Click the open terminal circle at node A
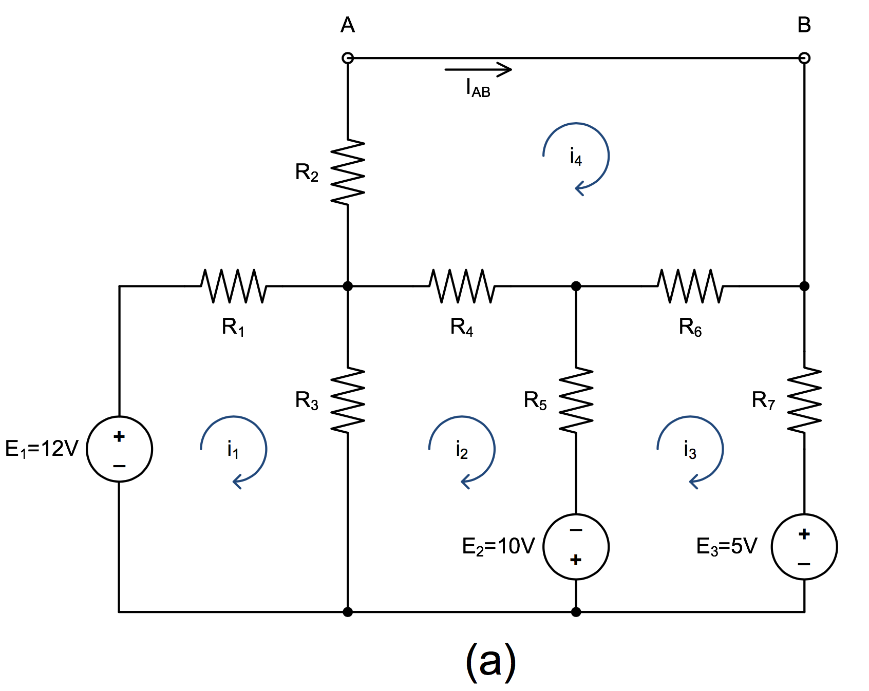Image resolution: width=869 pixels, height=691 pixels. pyautogui.click(x=348, y=58)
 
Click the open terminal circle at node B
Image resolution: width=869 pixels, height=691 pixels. pyautogui.click(x=804, y=58)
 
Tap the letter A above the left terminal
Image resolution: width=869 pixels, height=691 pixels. pyautogui.click(x=348, y=25)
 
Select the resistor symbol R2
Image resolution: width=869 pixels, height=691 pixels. pyautogui.click(x=348, y=172)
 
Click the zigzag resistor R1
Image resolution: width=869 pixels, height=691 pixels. pyautogui.click(x=233, y=286)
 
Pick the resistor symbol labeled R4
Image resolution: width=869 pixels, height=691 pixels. pyautogui.click(x=462, y=286)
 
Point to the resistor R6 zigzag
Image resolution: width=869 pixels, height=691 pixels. pyautogui.click(x=690, y=286)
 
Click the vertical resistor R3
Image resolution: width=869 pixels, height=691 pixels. pyautogui.click(x=348, y=400)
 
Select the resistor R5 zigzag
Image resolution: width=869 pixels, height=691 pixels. pyautogui.click(x=576, y=400)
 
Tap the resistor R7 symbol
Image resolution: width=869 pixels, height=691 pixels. pyautogui.click(x=804, y=400)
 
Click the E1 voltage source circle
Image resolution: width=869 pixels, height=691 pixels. pyautogui.click(x=120, y=449)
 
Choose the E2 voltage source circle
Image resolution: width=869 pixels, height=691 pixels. pyautogui.click(x=576, y=547)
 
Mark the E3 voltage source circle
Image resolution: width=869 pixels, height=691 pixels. pyautogui.click(x=804, y=547)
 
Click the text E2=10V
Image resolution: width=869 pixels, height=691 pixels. pyautogui.click(x=498, y=547)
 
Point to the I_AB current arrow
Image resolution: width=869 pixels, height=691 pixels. pyautogui.click(x=478, y=69)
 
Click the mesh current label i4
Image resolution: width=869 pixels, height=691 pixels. pyautogui.click(x=576, y=157)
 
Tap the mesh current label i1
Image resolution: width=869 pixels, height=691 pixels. pyautogui.click(x=233, y=450)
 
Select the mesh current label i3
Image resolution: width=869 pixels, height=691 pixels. pyautogui.click(x=690, y=450)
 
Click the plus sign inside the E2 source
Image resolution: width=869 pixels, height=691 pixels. pyautogui.click(x=576, y=560)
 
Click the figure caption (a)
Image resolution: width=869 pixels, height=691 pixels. pyautogui.click(x=490, y=661)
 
